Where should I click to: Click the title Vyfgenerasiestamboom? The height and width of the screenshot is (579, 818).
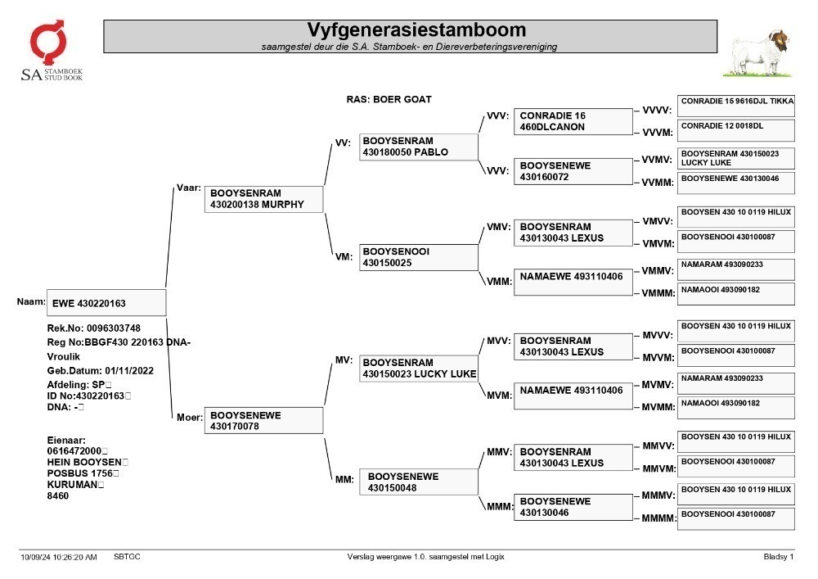(x=416, y=29)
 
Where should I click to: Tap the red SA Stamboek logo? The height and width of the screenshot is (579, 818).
(x=48, y=42)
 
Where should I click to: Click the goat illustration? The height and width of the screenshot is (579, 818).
(x=758, y=54)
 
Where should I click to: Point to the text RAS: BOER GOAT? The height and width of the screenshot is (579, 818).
(x=389, y=99)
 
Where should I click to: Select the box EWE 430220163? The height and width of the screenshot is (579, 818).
(x=106, y=303)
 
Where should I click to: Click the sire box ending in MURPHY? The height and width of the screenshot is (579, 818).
(x=263, y=199)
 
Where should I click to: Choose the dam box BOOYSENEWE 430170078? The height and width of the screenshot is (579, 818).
(x=263, y=420)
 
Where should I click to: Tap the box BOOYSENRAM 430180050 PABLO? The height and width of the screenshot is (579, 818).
(x=418, y=147)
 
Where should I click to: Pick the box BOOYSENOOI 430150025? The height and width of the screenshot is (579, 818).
(x=418, y=257)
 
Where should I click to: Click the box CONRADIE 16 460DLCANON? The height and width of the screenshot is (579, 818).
(x=573, y=121)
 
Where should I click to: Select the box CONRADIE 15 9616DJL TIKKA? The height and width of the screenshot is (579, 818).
(x=736, y=106)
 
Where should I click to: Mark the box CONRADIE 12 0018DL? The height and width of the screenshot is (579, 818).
(x=736, y=130)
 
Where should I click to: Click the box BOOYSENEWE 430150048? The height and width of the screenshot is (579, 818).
(x=418, y=482)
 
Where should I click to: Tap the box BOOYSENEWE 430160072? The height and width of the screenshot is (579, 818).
(x=573, y=171)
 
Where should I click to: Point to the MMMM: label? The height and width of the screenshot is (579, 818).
(x=658, y=518)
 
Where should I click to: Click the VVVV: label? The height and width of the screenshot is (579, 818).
(x=658, y=111)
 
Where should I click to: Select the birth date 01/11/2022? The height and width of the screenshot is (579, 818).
(x=129, y=371)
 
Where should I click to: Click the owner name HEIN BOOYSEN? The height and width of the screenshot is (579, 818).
(x=84, y=462)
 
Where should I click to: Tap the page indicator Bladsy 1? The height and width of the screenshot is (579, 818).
(x=779, y=557)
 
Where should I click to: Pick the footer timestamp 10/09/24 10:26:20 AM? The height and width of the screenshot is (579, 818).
(x=59, y=557)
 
